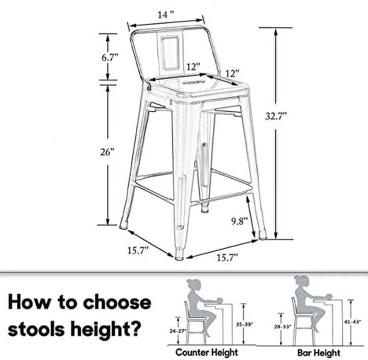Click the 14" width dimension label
click(x=165, y=15)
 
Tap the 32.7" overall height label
click(x=276, y=116)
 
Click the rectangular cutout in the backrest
click(x=171, y=53)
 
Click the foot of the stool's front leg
click(x=179, y=255)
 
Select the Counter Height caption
click(x=206, y=352)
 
